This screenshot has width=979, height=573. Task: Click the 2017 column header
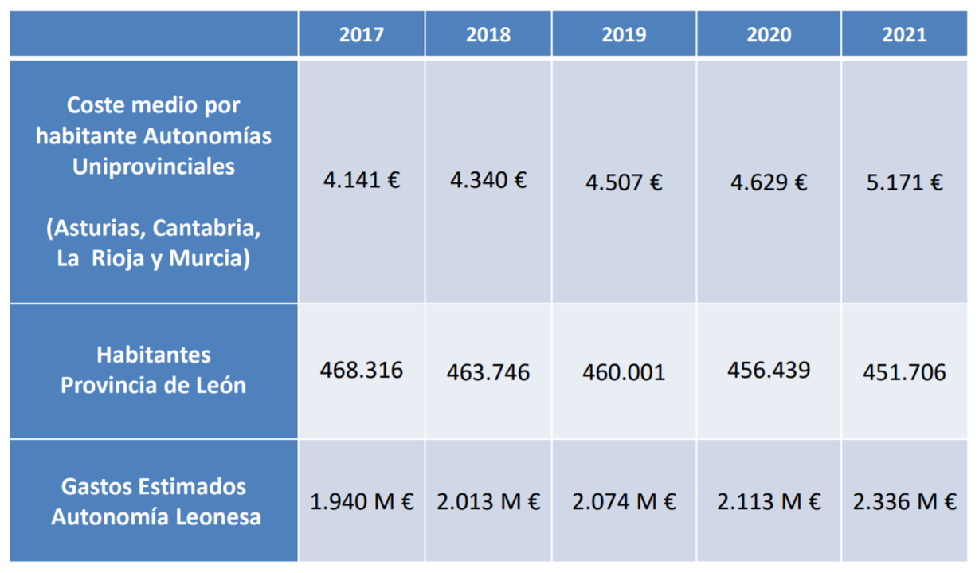coord(361,35)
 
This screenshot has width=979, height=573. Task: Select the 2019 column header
coord(624,35)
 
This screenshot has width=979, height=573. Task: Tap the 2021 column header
coord(904,35)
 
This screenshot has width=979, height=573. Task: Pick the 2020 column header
coord(769,35)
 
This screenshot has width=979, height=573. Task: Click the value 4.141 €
coord(361,180)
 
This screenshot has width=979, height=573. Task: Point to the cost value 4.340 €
coord(488,180)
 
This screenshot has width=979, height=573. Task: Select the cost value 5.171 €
coord(904,182)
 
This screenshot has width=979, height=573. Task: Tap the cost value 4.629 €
coord(769,182)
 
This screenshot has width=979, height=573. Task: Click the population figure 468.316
coord(361,370)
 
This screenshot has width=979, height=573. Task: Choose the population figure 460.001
coord(624,372)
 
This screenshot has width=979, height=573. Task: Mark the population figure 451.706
coord(904,372)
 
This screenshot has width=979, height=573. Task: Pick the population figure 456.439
coord(769,370)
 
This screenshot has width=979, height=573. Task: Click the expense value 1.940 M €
coord(361,502)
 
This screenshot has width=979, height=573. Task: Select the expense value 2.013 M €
coord(488,502)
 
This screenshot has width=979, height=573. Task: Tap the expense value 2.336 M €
coord(904,502)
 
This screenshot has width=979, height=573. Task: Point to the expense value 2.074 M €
coord(624,502)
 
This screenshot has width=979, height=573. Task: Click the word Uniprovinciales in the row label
coord(154,167)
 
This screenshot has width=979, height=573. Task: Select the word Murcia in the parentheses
coord(206,260)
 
